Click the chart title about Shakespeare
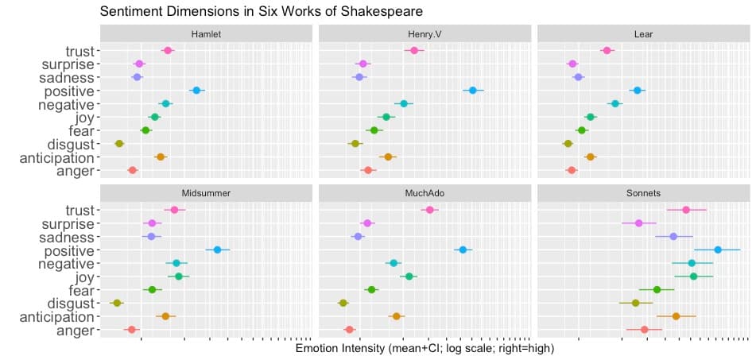tap(261, 11)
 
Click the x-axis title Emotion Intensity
tap(424, 349)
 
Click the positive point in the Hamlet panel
tap(196, 91)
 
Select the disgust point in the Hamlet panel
tap(119, 144)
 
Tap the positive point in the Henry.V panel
tap(472, 91)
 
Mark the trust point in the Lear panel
tap(607, 50)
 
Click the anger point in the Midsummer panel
tap(132, 330)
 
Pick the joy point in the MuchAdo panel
tap(409, 277)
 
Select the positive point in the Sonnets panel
tap(718, 250)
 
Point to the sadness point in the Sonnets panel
tap(673, 237)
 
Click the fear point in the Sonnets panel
tap(657, 290)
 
